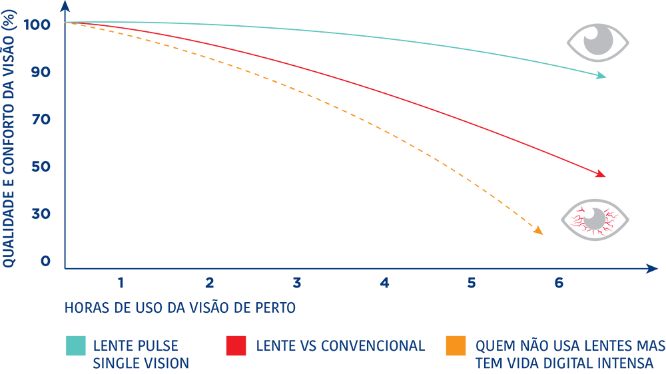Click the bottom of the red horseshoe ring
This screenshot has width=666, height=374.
click(x=592, y=232)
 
